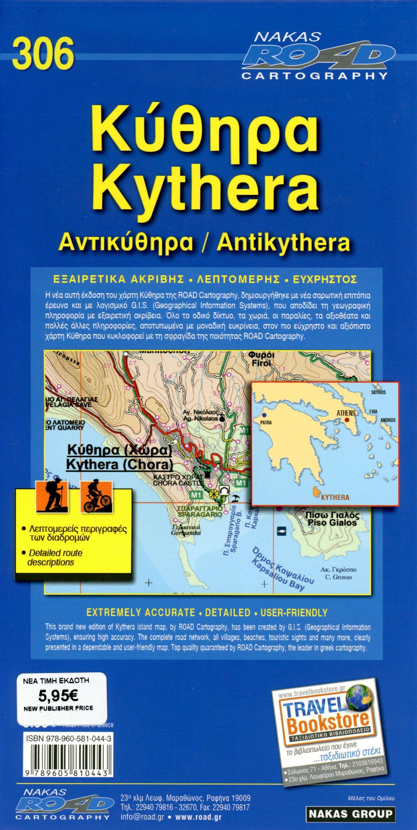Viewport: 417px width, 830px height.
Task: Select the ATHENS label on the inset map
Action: (x=346, y=413)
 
